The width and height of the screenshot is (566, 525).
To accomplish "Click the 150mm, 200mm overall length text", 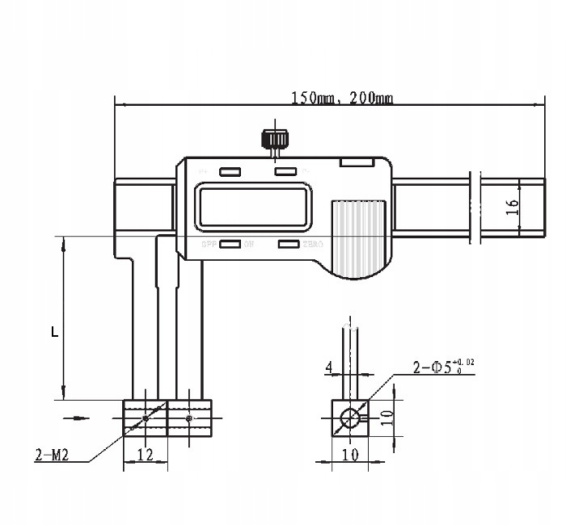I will point(341,99).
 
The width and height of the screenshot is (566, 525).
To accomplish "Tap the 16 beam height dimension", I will point(511,207).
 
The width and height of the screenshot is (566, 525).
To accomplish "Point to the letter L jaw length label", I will point(54,331).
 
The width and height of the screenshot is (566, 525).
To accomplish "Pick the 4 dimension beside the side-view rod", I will point(328,368).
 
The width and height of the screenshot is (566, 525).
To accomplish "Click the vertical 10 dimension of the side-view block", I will point(386,417).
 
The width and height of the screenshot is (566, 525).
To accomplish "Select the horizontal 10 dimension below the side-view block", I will point(349,455).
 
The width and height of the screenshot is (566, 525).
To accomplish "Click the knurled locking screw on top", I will point(276,140).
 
